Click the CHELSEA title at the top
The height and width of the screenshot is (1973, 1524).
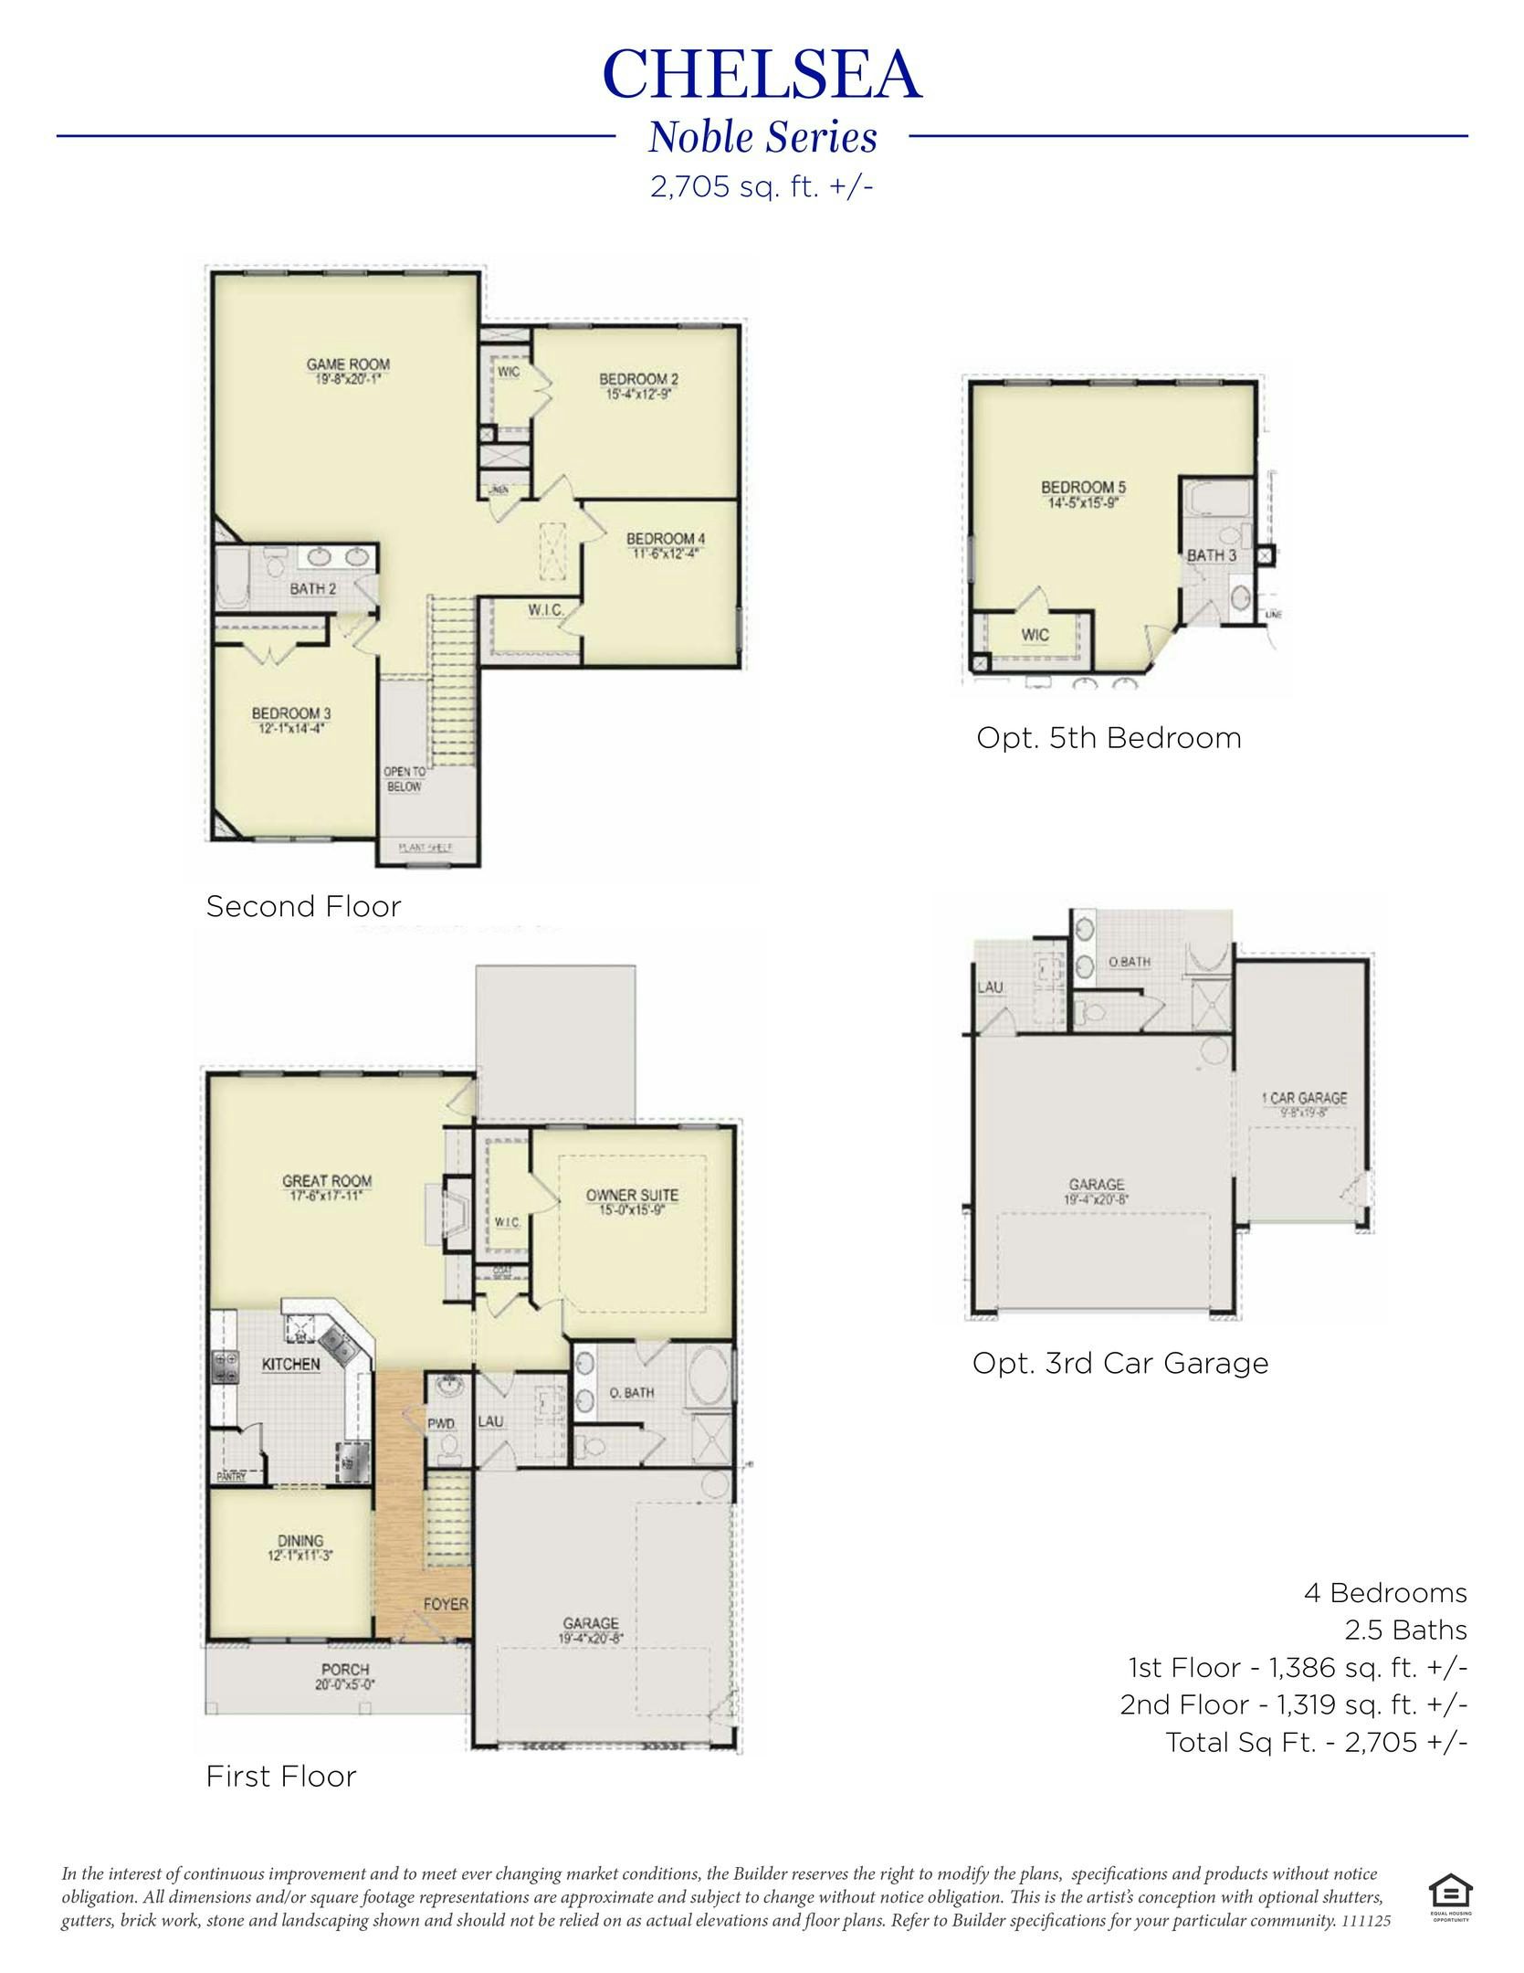(762, 75)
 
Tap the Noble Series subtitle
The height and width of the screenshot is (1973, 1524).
(762, 138)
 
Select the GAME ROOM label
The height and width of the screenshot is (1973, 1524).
(348, 365)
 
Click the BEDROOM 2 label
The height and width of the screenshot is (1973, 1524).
(638, 379)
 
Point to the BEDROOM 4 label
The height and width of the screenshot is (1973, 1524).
(665, 539)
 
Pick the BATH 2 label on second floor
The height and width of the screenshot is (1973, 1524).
(313, 589)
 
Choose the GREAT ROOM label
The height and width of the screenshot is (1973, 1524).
(327, 1181)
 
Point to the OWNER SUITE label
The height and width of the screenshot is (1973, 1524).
(632, 1195)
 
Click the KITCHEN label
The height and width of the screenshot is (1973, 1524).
(290, 1364)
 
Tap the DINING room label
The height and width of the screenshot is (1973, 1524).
(300, 1541)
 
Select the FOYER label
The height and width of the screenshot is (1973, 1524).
(446, 1604)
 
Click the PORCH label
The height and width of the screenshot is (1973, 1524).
(344, 1669)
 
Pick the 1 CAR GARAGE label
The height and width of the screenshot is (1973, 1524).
(1304, 1098)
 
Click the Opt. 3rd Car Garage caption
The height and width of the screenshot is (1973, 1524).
(1119, 1364)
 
